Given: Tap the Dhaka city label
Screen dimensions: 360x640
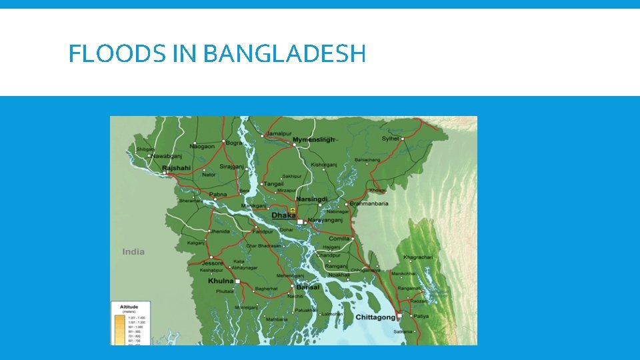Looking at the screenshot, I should point(283,215).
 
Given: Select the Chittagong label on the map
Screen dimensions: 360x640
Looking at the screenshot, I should point(375,317).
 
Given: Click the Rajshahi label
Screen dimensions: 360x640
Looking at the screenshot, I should point(176,168).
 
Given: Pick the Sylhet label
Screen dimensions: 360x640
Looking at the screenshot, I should point(391,139).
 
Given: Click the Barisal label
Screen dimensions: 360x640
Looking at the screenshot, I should point(308,287).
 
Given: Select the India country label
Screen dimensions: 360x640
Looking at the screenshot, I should point(133,251).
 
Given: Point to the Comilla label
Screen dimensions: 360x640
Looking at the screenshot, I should point(339,239).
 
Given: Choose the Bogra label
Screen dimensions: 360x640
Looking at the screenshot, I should point(234,143).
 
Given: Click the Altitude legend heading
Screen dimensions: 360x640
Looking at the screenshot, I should point(129,307).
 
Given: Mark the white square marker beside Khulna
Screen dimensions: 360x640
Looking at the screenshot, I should point(237,281).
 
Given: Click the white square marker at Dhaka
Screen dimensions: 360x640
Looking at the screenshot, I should point(300,221).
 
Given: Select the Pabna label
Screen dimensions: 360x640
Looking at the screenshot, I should point(219,195).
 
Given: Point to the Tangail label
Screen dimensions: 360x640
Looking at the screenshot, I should point(274,184).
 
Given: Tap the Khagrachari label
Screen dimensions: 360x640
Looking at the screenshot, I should point(419,257).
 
